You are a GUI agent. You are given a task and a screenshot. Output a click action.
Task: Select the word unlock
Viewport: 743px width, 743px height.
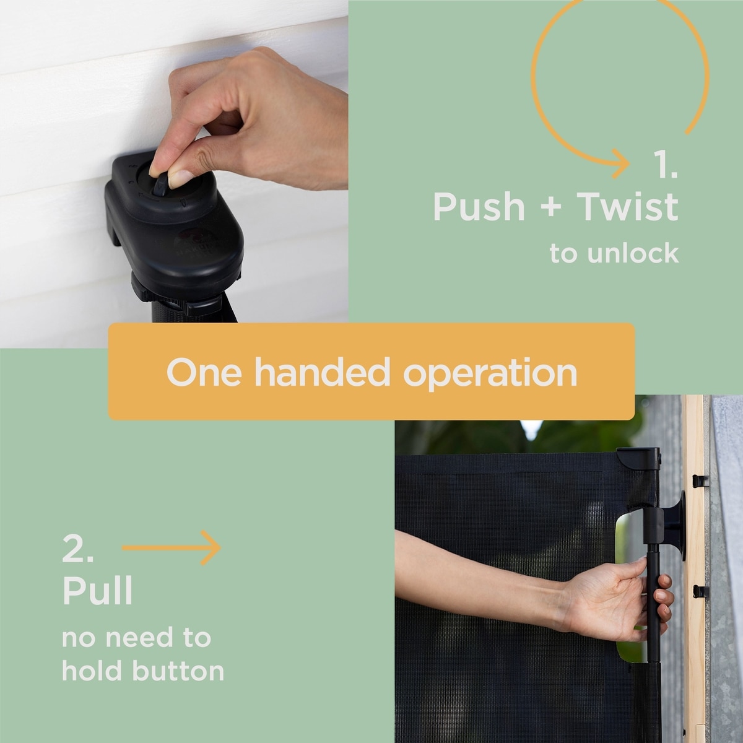[x=633, y=253]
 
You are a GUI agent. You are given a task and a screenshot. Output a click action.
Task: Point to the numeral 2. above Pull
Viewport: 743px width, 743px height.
[x=77, y=549]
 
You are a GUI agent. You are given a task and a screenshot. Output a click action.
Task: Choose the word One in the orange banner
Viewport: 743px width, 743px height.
[x=204, y=373]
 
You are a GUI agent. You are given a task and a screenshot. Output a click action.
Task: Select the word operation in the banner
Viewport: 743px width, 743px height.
[x=490, y=374]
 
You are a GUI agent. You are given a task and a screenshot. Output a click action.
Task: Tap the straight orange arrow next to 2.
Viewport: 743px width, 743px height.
[x=171, y=547]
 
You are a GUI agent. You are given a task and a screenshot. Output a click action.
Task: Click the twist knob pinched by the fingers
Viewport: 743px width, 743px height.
[x=160, y=186]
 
